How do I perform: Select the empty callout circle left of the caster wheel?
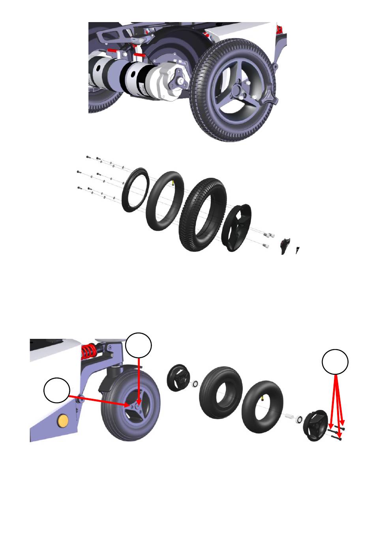[x=57, y=390]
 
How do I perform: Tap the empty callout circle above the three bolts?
[x=335, y=361]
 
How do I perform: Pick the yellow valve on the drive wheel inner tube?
[x=173, y=182]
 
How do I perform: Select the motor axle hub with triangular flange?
[x=180, y=81]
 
